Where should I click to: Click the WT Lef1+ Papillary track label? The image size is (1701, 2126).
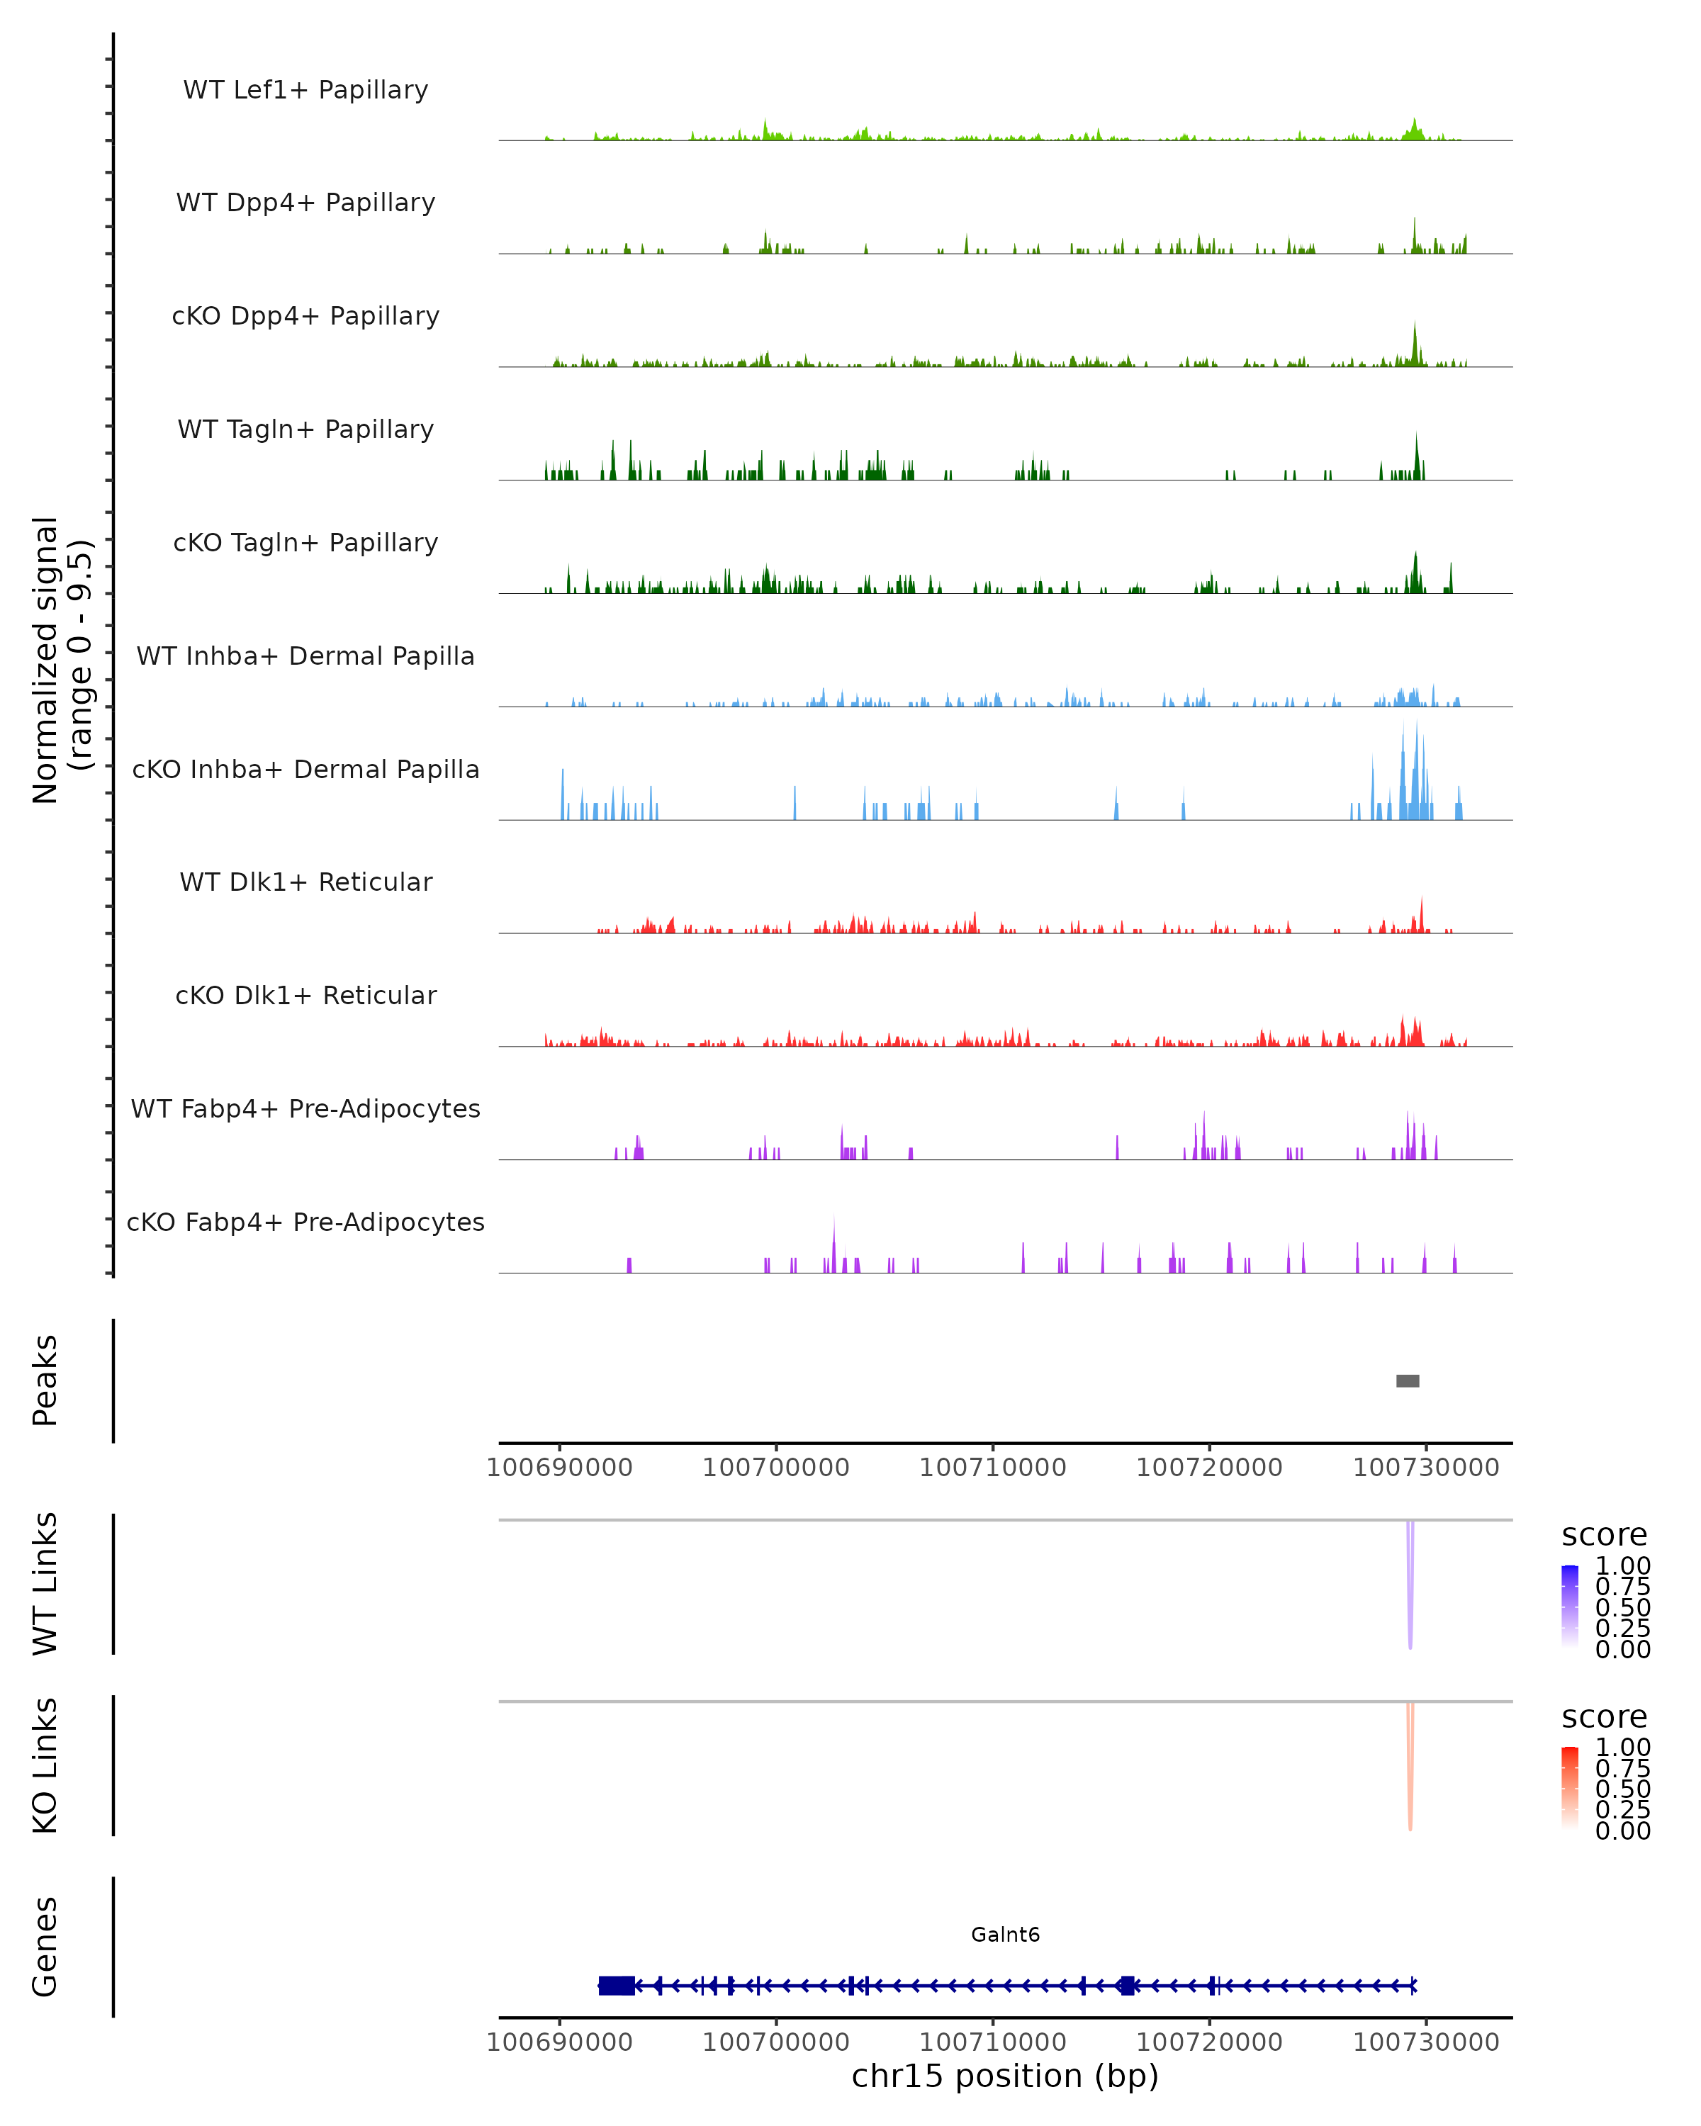pos(305,90)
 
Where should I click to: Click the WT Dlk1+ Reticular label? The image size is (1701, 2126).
pos(305,882)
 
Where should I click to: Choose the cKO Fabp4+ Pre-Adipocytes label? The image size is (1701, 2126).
pos(305,1222)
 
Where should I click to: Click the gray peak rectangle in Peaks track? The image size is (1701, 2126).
pos(1407,1380)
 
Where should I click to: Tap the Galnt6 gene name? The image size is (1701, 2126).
pos(1005,1934)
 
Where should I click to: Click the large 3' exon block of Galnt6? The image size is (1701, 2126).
pos(617,1985)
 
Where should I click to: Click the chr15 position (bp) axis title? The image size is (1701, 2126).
pos(1005,2076)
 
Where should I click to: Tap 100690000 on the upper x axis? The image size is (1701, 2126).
pos(559,1468)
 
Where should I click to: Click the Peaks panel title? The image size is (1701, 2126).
pos(45,1380)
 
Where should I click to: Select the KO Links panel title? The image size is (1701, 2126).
pos(45,1765)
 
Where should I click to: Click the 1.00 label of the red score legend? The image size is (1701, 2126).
pos(1622,1746)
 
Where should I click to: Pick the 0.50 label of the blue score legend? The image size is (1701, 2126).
pos(1622,1607)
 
